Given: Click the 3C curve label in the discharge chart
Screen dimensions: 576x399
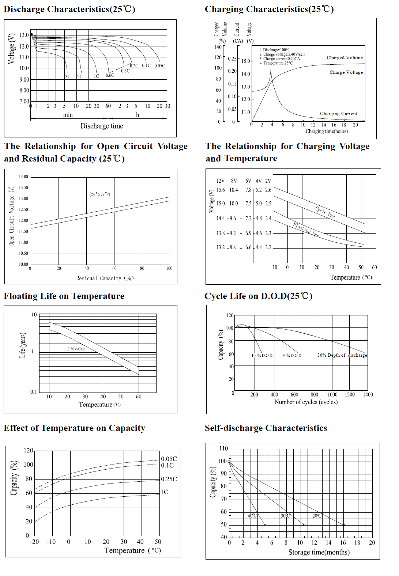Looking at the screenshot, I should pos(68,77).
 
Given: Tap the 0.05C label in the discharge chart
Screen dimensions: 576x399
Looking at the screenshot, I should pos(159,66).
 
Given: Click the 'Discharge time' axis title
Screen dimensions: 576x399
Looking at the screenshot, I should pos(102,126).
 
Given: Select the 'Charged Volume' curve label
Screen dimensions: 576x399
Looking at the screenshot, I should pos(345,58).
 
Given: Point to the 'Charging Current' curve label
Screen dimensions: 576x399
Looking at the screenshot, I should pos(339,114).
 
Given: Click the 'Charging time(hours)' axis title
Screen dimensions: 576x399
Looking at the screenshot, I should pos(327,131).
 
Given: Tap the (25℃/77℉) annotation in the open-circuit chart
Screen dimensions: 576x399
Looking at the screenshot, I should pos(99,194).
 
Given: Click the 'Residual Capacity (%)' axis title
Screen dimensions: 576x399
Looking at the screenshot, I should pos(105,278).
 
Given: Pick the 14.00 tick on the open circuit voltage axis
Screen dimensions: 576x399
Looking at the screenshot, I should pos(23,177).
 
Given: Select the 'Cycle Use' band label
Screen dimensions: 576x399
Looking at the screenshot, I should pos(325,212).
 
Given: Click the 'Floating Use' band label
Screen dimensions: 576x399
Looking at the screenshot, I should pos(306,230).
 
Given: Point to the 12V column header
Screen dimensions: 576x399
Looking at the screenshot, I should pos(220,181).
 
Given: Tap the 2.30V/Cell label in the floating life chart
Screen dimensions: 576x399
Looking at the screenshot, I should pos(76,349).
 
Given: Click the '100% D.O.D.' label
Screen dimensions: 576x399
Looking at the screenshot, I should pos(262,355).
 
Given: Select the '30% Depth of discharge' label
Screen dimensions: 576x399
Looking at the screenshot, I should pos(342,355).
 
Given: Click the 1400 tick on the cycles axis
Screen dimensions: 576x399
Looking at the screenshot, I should pos(368,395).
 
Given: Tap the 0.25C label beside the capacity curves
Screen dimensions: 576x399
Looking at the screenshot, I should pos(169,479).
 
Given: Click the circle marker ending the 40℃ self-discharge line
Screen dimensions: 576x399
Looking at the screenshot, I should pos(265,525).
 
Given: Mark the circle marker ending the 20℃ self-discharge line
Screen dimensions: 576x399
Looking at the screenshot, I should pos(343,525).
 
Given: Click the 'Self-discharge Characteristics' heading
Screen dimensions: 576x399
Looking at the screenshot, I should pos(266,428).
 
